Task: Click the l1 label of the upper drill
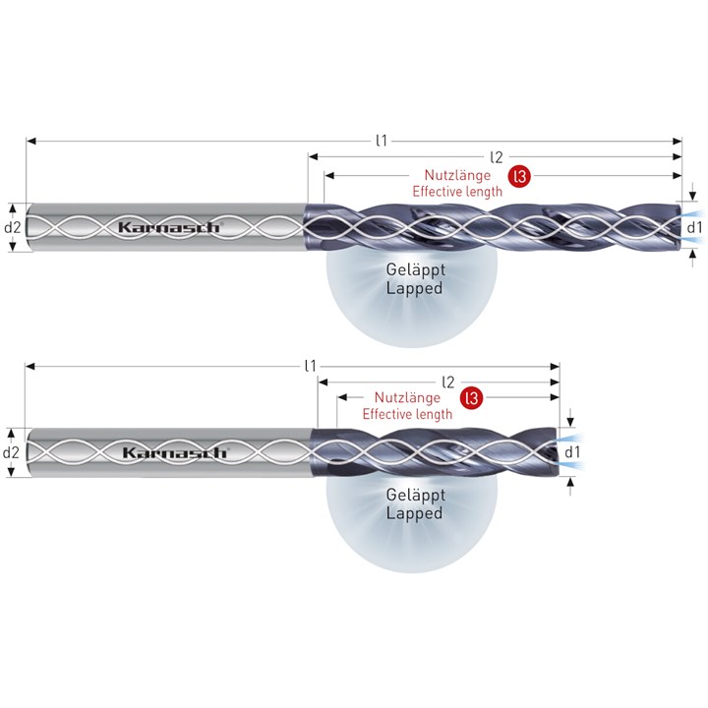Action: point(382,141)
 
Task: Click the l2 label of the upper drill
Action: point(497,157)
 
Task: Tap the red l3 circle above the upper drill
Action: point(520,176)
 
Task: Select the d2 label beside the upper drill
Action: point(12,227)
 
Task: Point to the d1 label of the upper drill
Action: point(694,227)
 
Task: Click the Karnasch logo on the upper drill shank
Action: point(169,227)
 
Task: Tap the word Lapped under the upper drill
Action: point(414,288)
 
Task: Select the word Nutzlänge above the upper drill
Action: point(457,174)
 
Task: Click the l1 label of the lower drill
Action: point(310,366)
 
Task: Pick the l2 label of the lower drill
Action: point(447,382)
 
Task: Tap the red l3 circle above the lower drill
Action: point(471,398)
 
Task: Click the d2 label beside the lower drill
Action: point(11,452)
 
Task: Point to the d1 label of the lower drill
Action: point(572,452)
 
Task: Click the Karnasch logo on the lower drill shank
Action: point(174,452)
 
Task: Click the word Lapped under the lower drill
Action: point(414,513)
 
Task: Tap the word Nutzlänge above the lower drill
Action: point(407,397)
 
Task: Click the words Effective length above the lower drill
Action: point(407,414)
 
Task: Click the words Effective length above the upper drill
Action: point(457,191)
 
